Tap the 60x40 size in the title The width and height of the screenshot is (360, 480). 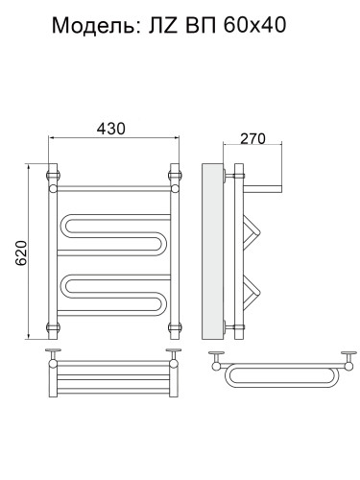click(x=254, y=25)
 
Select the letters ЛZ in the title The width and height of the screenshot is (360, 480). click(x=162, y=26)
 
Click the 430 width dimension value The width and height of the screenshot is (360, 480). click(x=111, y=129)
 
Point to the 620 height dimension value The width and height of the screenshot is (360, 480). click(x=21, y=252)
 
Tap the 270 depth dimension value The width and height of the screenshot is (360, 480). click(x=252, y=138)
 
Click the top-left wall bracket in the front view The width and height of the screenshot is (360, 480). click(x=53, y=176)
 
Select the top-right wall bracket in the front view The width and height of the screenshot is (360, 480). click(x=175, y=176)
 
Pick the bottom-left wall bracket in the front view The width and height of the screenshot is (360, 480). click(x=53, y=327)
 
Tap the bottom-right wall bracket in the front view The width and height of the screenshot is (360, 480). click(x=175, y=327)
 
